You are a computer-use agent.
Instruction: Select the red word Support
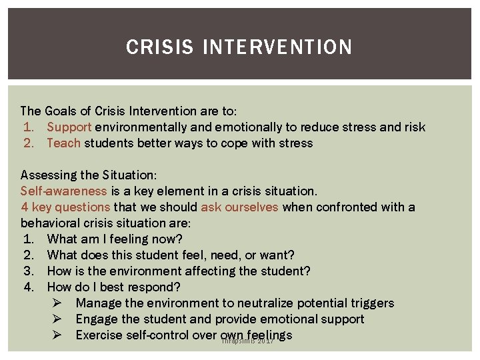(69, 127)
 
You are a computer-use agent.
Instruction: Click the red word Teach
(63, 143)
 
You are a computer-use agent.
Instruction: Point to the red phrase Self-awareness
(63, 191)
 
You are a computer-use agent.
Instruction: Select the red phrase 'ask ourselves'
(239, 207)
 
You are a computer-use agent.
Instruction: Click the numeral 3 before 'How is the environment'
(27, 271)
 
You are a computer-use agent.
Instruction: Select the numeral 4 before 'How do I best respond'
(27, 287)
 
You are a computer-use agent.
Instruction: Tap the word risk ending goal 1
(413, 127)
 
